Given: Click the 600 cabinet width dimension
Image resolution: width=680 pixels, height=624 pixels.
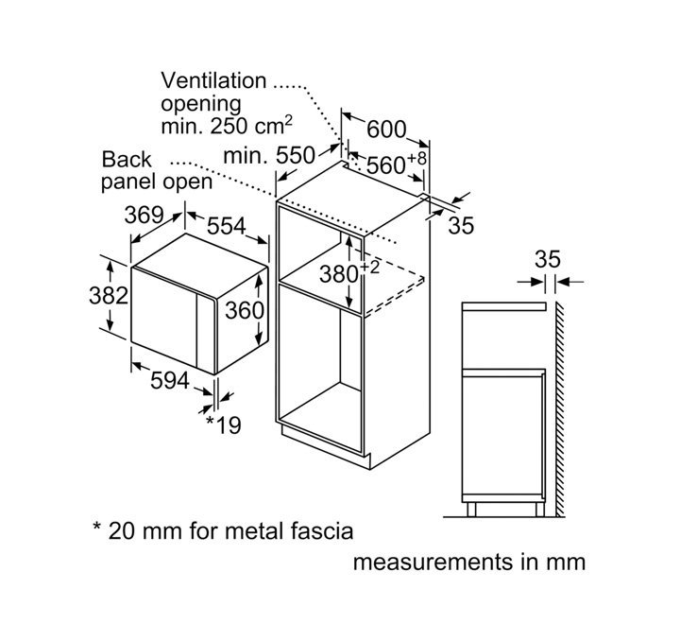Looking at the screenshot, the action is point(386,129).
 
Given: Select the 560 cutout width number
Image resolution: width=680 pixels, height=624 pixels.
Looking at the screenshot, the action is point(386,165).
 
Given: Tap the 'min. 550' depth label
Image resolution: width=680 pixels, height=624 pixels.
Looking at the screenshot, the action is point(269,155).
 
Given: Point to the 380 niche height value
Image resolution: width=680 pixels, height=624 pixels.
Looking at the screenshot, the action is point(339,274).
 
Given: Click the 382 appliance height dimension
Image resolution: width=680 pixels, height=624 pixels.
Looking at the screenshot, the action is point(109,295).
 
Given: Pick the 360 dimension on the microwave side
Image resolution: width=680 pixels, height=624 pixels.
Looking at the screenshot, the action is point(245,310).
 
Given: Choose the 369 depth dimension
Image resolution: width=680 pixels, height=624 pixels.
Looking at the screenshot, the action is point(144,215).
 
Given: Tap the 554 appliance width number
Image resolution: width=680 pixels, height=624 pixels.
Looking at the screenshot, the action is point(227,225).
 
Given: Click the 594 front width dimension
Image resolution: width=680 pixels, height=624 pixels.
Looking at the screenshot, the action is point(170,380).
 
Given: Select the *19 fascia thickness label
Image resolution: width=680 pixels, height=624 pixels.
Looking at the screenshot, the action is point(223,425).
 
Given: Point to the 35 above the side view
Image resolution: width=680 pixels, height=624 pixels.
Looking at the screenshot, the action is point(547,259).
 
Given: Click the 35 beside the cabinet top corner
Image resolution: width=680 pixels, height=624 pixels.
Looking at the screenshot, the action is point(461,225).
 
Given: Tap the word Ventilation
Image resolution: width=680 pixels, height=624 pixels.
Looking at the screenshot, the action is point(213,80).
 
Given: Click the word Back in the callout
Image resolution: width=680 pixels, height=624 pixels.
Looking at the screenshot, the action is point(127,160).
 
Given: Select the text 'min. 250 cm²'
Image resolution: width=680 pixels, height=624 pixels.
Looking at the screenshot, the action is point(227,126).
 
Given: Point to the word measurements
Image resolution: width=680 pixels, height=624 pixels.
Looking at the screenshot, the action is point(433,562).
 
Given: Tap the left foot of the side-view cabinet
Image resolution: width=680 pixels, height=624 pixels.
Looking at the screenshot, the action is point(471,510).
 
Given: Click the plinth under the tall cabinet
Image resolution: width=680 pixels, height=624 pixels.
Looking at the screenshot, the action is point(326,447).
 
